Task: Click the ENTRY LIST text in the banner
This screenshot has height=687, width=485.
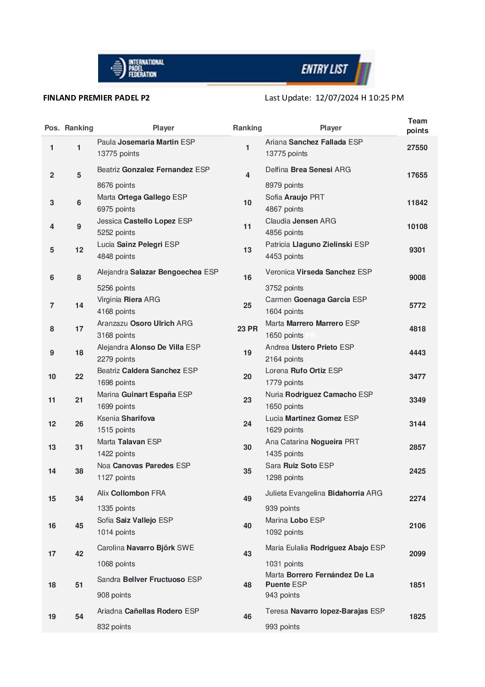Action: pyautogui.click(x=324, y=69)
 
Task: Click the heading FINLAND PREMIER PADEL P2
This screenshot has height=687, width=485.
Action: pyautogui.click(x=96, y=98)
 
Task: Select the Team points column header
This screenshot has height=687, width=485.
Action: pyautogui.click(x=417, y=126)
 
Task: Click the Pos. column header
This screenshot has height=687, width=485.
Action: pyautogui.click(x=52, y=128)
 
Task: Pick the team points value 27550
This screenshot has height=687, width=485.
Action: pyautogui.click(x=417, y=148)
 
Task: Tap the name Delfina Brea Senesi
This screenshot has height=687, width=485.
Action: pyautogui.click(x=308, y=170)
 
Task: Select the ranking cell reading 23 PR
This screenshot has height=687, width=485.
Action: pyautogui.click(x=248, y=329)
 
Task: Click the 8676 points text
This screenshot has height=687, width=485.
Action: pyautogui.click(x=116, y=185)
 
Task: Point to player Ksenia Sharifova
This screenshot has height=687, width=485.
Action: pyautogui.click(x=126, y=419)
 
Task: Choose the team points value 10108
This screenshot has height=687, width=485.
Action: pyautogui.click(x=417, y=227)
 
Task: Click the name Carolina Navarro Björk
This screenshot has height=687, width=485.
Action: pyautogui.click(x=145, y=548)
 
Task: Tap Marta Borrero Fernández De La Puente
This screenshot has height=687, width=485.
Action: pyautogui.click(x=319, y=580)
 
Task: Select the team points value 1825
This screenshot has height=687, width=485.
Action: pyautogui.click(x=417, y=617)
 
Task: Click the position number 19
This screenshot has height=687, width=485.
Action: pyautogui.click(x=52, y=617)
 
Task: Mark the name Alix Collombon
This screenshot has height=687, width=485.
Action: pyautogui.click(x=131, y=493)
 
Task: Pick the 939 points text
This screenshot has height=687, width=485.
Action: pyautogui.click(x=282, y=508)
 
